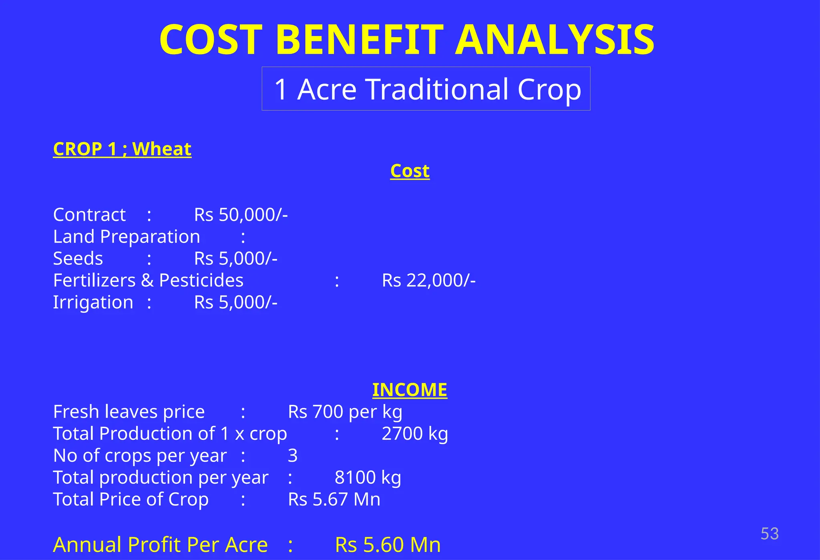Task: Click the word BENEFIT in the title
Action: pyautogui.click(x=360, y=40)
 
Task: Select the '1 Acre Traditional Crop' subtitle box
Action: pyautogui.click(x=426, y=89)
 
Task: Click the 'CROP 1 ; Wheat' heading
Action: pyautogui.click(x=122, y=149)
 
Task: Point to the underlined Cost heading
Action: pyautogui.click(x=410, y=171)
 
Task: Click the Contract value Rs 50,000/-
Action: pyautogui.click(x=241, y=215)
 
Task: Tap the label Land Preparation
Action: pyautogui.click(x=127, y=237)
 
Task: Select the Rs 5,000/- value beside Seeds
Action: pyautogui.click(x=235, y=259)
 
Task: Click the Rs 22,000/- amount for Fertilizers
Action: pyautogui.click(x=428, y=280)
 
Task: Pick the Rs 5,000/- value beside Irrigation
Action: pyautogui.click(x=235, y=302)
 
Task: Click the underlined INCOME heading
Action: pyautogui.click(x=410, y=390)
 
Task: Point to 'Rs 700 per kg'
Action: pyautogui.click(x=345, y=412)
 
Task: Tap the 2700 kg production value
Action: pyautogui.click(x=414, y=434)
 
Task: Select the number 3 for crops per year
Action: pyautogui.click(x=293, y=456)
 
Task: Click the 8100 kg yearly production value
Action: pyautogui.click(x=368, y=477)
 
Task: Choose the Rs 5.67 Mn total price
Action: pyautogui.click(x=334, y=499)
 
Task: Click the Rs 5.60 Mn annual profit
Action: pyautogui.click(x=388, y=545)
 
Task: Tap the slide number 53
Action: pyautogui.click(x=769, y=534)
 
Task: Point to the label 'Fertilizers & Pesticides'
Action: pyautogui.click(x=148, y=280)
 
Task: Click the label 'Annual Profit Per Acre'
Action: pyautogui.click(x=160, y=545)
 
